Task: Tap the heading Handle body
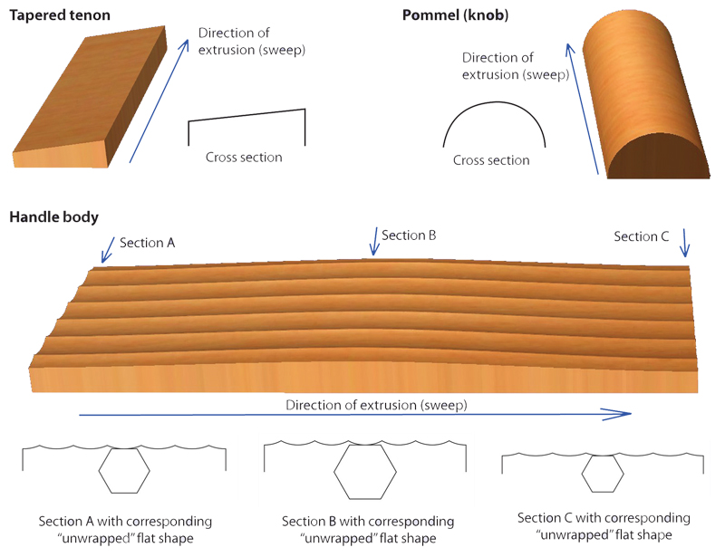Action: [54, 216]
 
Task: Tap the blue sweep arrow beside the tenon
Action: [163, 100]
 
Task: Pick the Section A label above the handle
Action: [147, 243]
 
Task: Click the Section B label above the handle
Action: [410, 235]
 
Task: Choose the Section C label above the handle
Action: [641, 236]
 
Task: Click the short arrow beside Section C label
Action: [685, 244]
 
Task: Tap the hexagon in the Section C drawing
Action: [601, 472]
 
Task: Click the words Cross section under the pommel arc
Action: [491, 160]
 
